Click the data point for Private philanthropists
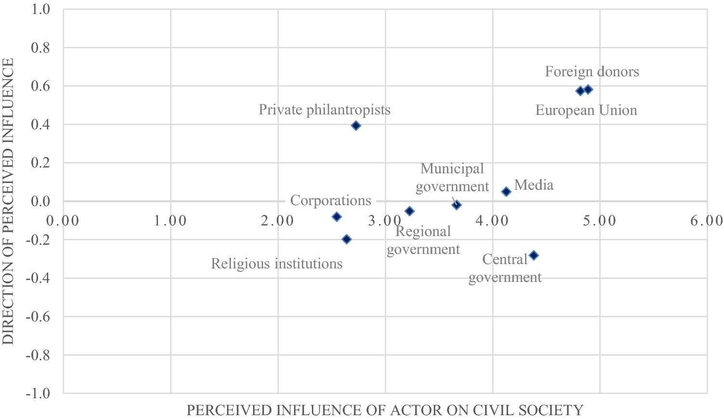pos(356,126)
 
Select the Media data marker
pos(506,192)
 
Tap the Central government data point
pos(534,255)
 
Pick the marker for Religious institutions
pos(346,239)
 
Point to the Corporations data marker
pos(336,217)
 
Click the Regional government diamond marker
pos(409,211)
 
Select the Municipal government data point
pos(456,205)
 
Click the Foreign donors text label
pos(592,71)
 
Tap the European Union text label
pos(586,110)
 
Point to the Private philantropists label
pos(324,110)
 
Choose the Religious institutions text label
pos(277,264)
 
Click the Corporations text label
pos(331,200)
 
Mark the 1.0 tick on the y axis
pos(41,9)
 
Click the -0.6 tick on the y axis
pos(39,317)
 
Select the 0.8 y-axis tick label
pos(41,48)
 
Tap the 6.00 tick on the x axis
pos(706,221)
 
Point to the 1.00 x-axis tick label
pos(171,221)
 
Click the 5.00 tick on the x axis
pos(599,221)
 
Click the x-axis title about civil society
pos(385,410)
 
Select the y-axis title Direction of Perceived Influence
pos(8,201)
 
